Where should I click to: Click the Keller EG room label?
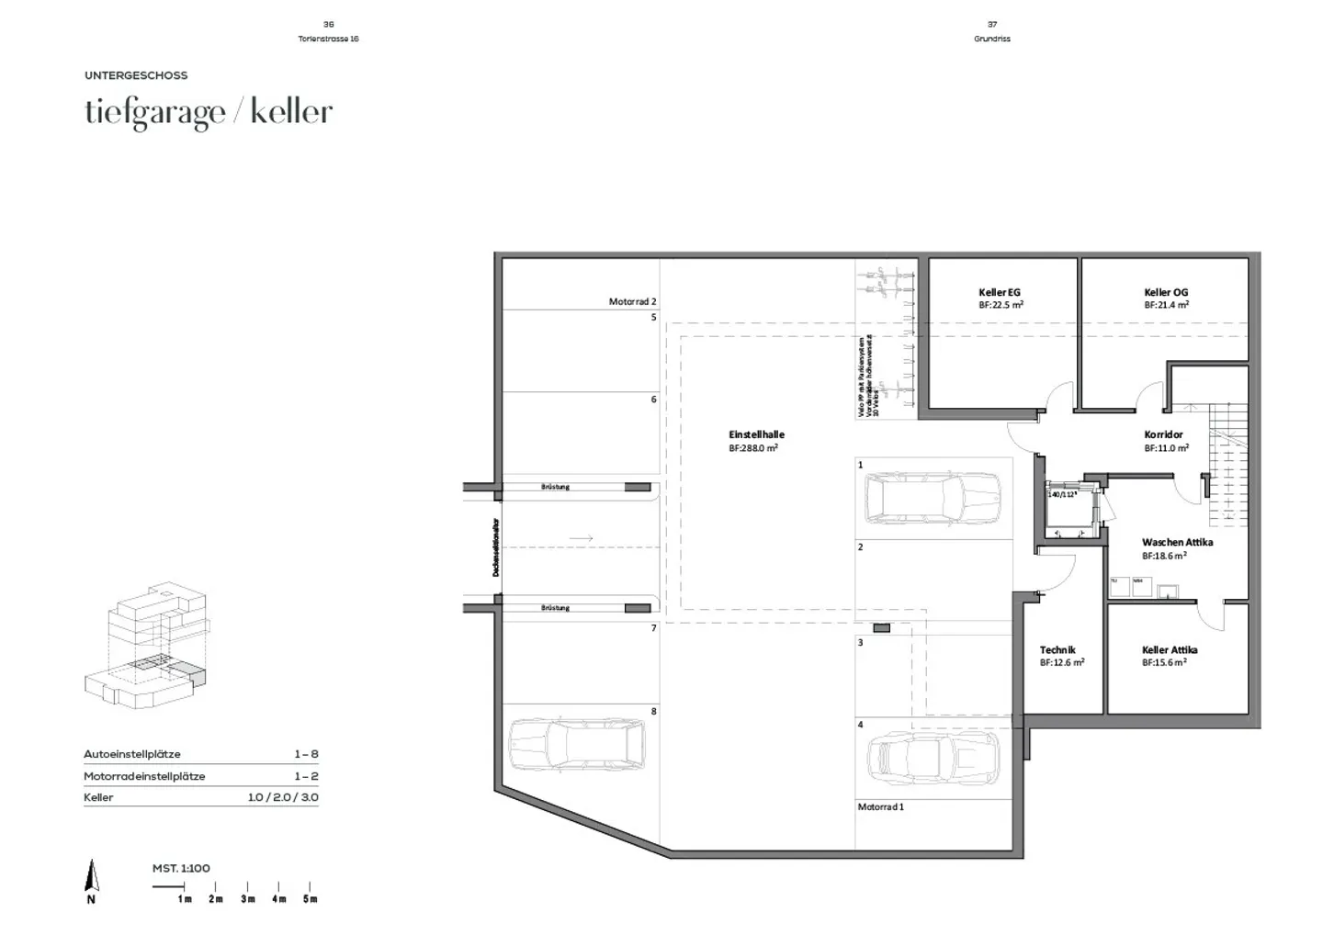coord(1000,292)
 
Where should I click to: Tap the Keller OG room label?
coord(1166,292)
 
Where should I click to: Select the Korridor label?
coord(1163,434)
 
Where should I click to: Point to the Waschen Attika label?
coord(1177,542)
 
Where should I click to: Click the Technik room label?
coord(1057,649)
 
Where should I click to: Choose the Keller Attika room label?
coord(1170,649)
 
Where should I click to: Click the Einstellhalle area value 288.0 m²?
coord(753,448)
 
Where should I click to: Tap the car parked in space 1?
coord(932,499)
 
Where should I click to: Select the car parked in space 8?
coord(576,744)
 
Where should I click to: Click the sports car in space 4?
coord(932,758)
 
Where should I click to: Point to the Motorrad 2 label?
coord(632,301)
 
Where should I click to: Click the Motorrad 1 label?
coord(881,806)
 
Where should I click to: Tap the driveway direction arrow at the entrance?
coord(581,538)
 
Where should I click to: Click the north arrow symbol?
coord(91,877)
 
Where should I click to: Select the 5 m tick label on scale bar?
coord(311,898)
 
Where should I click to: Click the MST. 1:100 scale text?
coord(181,868)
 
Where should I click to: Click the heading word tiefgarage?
coord(154,112)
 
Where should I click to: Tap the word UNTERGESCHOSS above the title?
coord(136,75)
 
